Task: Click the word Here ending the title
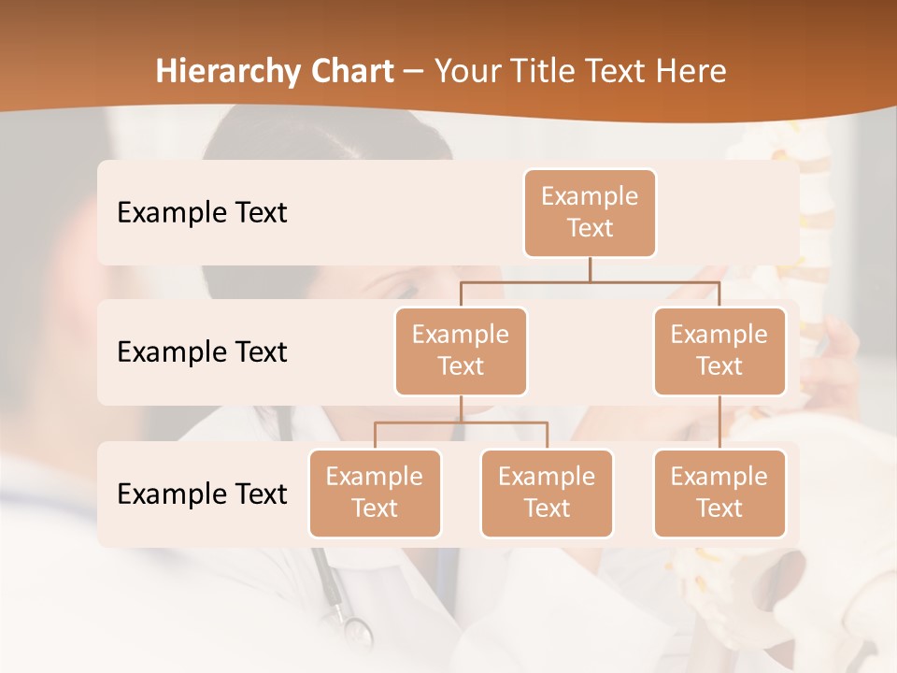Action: pyautogui.click(x=691, y=71)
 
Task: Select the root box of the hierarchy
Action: pyautogui.click(x=590, y=212)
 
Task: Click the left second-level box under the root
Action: pyautogui.click(x=461, y=351)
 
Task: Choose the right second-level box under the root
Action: pyautogui.click(x=719, y=351)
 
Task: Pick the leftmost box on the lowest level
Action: pyautogui.click(x=375, y=493)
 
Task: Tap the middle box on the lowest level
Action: pyautogui.click(x=547, y=493)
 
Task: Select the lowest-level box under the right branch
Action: pyautogui.click(x=719, y=493)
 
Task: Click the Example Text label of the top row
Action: pyautogui.click(x=202, y=212)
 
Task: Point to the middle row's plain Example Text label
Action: pyautogui.click(x=202, y=351)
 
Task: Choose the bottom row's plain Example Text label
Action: pyautogui.click(x=202, y=494)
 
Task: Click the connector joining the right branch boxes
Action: pyautogui.click(x=719, y=422)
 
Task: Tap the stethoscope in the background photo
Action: pyautogui.click(x=341, y=608)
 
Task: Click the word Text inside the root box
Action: pyautogui.click(x=590, y=228)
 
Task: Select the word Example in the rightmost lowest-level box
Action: pyautogui.click(x=719, y=477)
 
